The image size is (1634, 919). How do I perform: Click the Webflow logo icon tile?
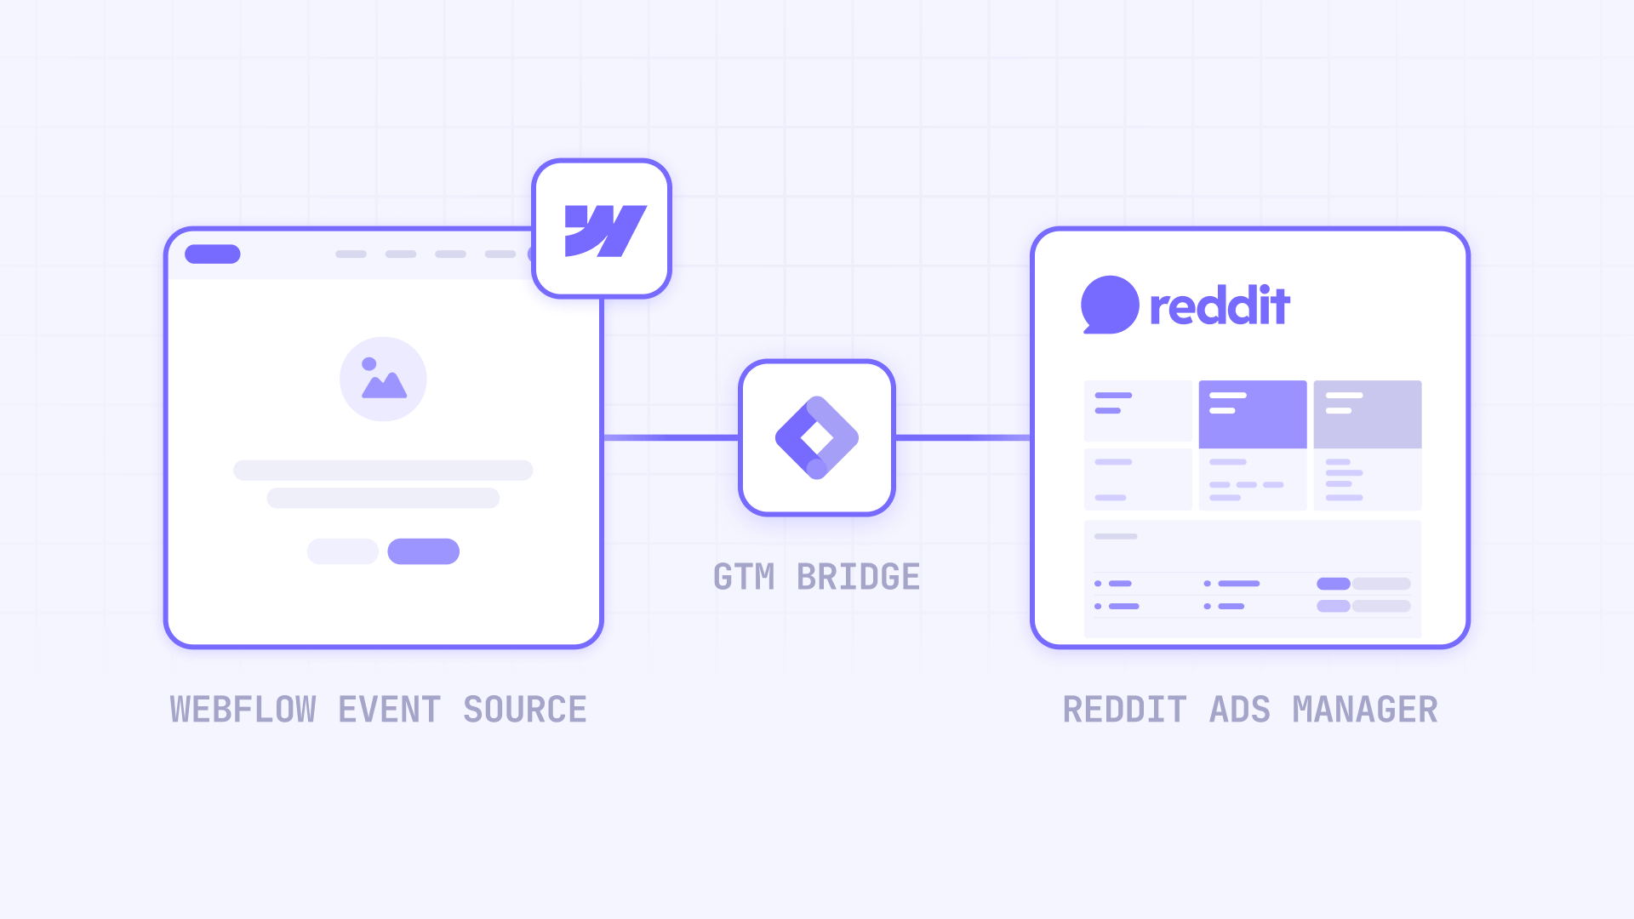(602, 229)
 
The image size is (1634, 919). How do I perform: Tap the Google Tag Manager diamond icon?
(817, 437)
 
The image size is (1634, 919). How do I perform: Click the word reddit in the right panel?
(1220, 306)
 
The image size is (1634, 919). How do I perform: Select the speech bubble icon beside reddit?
(1109, 305)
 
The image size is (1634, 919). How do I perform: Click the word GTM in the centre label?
(744, 577)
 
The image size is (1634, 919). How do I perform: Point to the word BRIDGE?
(858, 577)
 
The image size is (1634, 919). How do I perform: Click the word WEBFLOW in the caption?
(243, 710)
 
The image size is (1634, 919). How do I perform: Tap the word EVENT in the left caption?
(390, 710)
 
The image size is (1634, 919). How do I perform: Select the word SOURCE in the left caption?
(525, 710)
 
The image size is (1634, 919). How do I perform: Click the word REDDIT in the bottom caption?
(1124, 710)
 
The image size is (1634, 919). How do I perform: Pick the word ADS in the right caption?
(1240, 710)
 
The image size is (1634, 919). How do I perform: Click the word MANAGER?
(1365, 710)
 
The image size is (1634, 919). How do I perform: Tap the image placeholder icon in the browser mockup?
(383, 379)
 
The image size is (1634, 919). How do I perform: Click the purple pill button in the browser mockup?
(423, 551)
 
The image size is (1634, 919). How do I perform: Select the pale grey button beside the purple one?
(343, 551)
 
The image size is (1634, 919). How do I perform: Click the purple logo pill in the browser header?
(213, 254)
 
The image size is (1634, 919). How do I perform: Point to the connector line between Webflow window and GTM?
(671, 437)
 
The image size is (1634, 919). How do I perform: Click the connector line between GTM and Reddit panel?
(963, 437)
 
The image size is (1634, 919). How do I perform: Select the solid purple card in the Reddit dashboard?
(1253, 414)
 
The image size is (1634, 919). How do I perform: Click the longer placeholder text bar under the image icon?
(383, 470)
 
